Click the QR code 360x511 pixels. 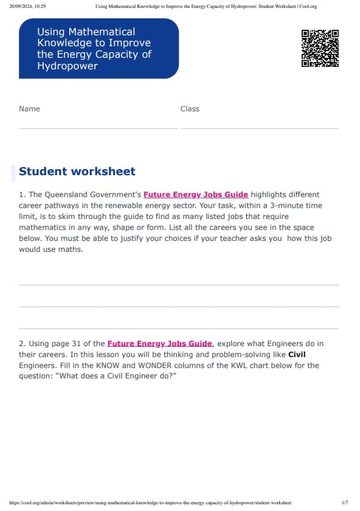[x=320, y=48]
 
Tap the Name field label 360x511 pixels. [x=29, y=109]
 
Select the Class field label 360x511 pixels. [x=190, y=109]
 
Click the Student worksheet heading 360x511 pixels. [x=77, y=172]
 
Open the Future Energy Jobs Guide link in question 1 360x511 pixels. [x=196, y=195]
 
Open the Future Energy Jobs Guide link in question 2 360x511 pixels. [x=160, y=344]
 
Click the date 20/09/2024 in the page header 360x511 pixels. [x=22, y=7]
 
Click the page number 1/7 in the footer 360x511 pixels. [x=345, y=503]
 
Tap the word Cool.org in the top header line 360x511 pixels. [x=308, y=7]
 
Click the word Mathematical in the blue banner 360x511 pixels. [x=86, y=32]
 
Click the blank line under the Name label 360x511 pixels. [x=98, y=128]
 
